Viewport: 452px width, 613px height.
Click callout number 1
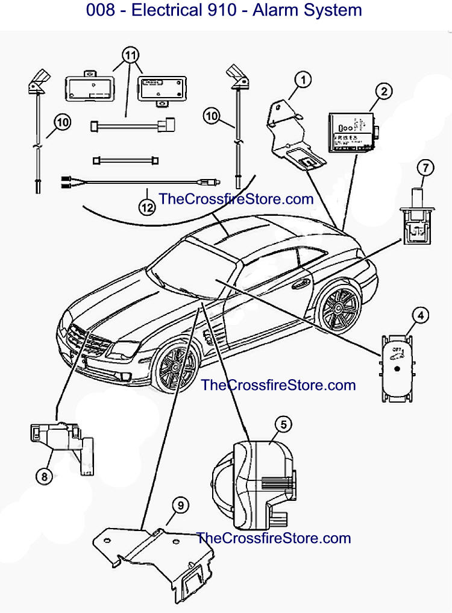coord(304,78)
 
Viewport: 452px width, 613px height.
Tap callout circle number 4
coord(420,315)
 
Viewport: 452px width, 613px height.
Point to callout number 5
coord(283,424)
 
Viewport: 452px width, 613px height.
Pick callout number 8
coord(44,476)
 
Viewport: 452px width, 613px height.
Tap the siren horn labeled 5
coord(253,479)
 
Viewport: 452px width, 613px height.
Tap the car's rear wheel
coord(337,311)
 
